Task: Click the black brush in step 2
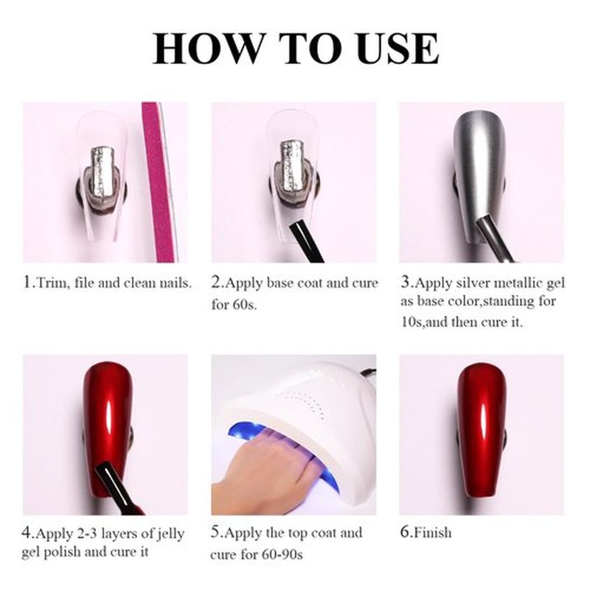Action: coord(307,242)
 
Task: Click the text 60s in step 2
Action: coord(245,304)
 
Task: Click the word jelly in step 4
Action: coord(170,534)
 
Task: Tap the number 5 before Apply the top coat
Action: coord(215,532)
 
